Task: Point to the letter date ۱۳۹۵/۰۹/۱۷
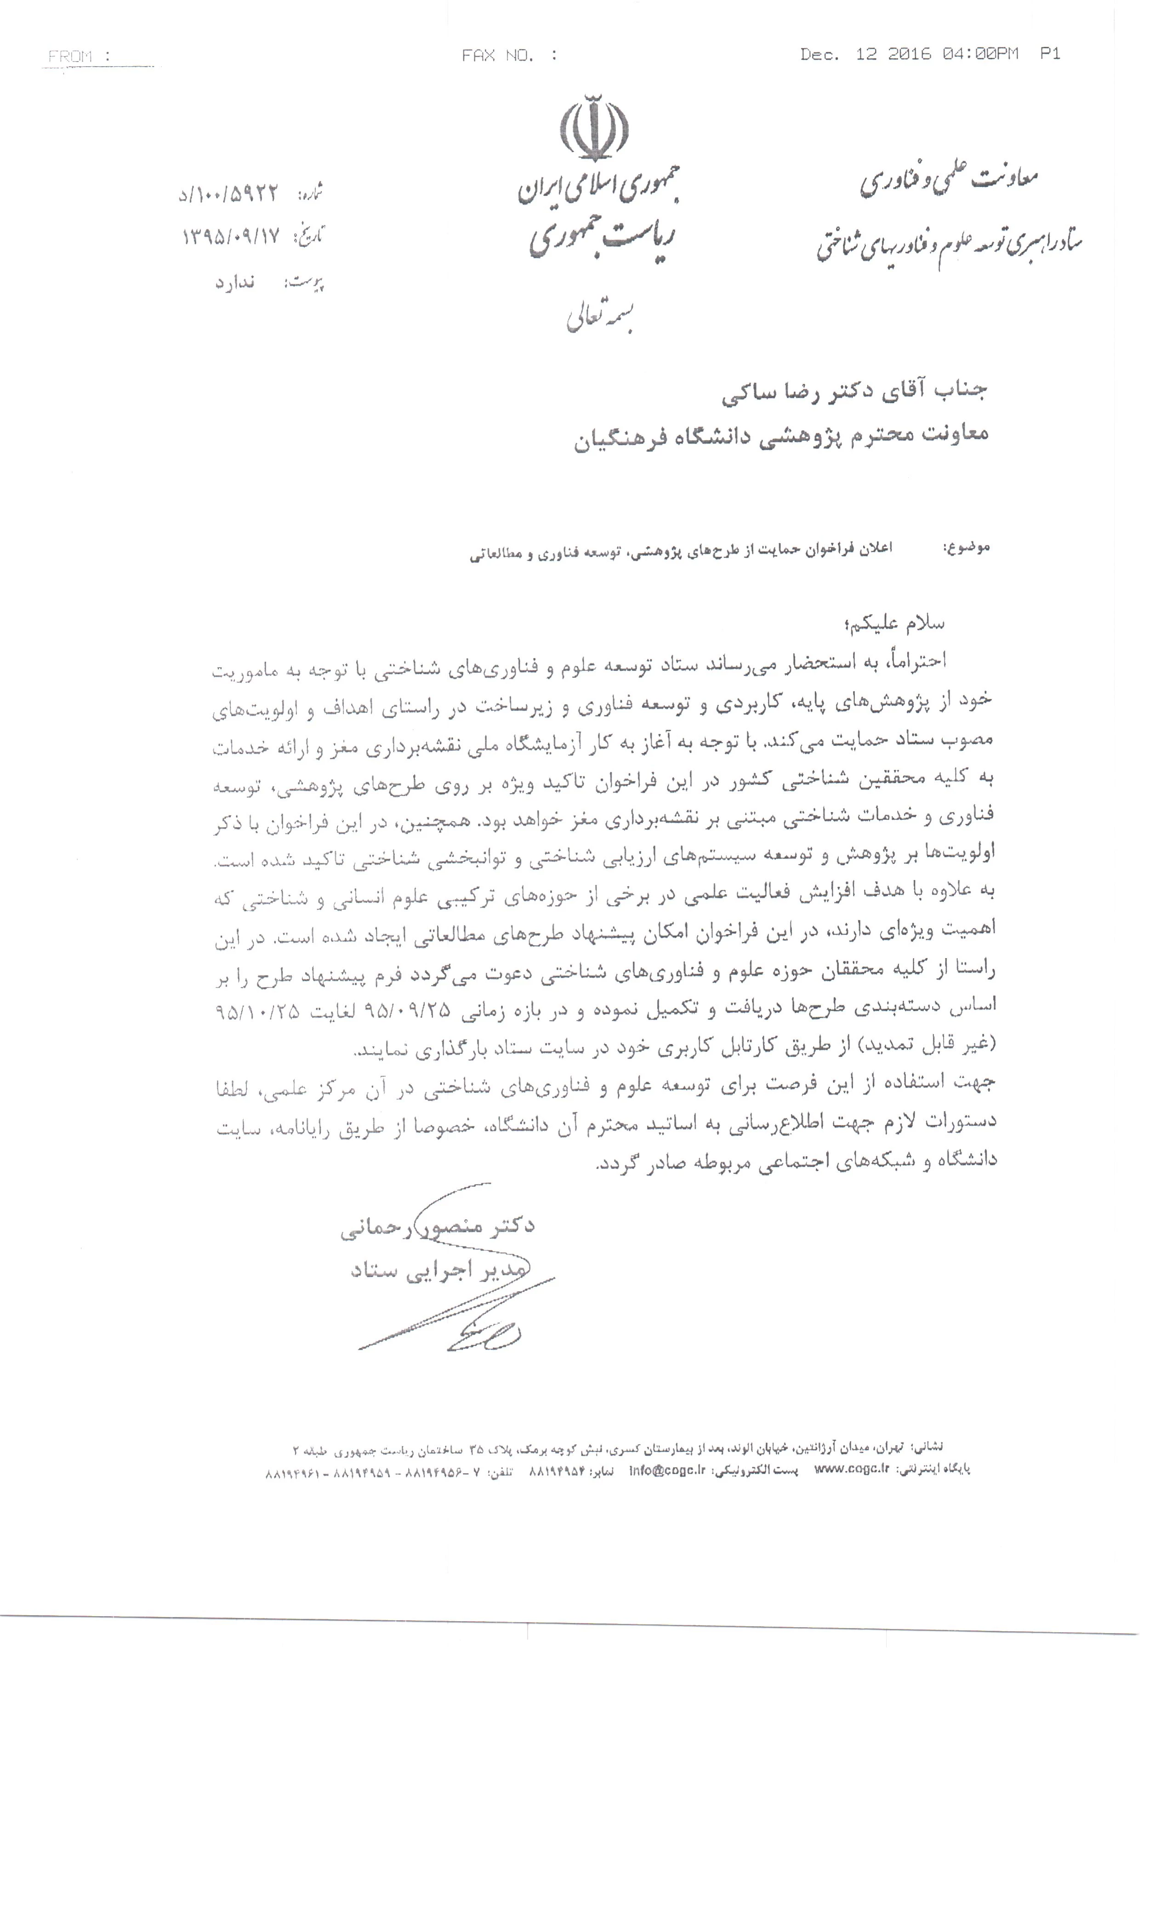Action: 231,237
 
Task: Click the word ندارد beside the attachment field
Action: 235,282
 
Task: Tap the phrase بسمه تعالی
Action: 599,317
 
